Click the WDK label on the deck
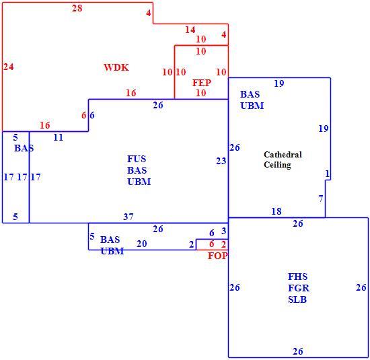[116, 67]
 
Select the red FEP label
[202, 83]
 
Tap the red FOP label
[217, 256]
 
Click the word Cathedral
[283, 155]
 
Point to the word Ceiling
[277, 165]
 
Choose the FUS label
[137, 159]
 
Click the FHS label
[297, 277]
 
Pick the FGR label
[299, 288]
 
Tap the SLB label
[297, 299]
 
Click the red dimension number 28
[77, 8]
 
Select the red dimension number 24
[9, 67]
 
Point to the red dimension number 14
[190, 30]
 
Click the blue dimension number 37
[128, 217]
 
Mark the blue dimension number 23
[221, 161]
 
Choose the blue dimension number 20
[141, 244]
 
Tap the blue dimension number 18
[276, 211]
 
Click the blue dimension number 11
[59, 137]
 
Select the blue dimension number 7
[321, 199]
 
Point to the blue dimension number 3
[224, 231]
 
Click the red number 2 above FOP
[223, 244]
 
